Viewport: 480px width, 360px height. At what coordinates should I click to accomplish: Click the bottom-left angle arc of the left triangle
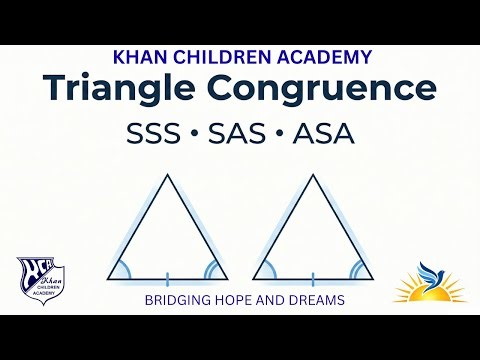click(121, 270)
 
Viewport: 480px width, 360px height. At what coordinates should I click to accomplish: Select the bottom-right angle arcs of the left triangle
click(213, 269)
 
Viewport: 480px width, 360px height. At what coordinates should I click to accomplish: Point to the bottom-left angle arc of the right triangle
click(267, 270)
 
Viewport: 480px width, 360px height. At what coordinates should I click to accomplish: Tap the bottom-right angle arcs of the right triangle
click(358, 269)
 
